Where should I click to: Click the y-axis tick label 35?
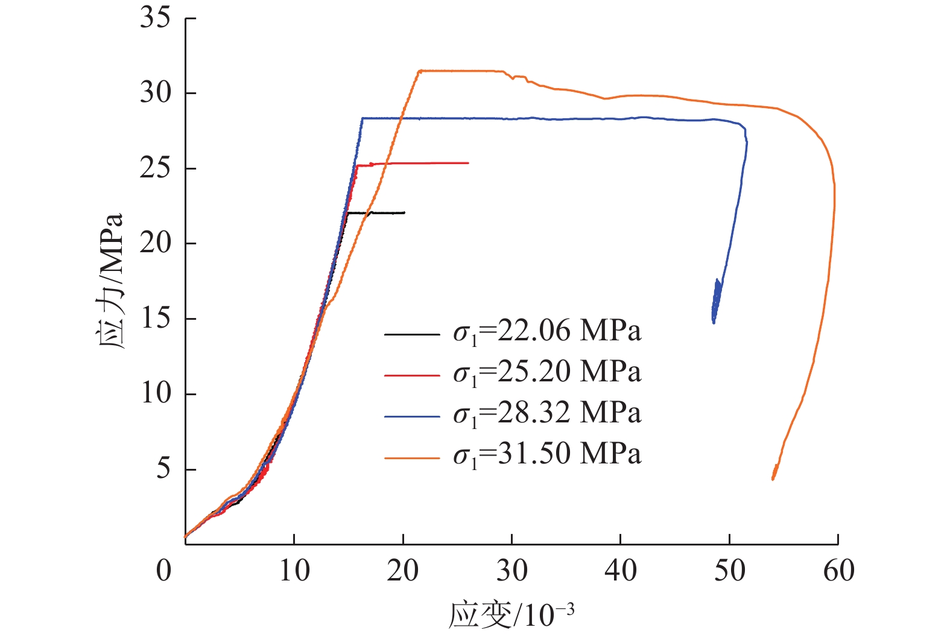156,18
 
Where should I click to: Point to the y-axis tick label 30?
156,94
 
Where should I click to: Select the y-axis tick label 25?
156,168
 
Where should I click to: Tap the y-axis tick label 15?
156,319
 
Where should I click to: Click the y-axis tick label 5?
163,469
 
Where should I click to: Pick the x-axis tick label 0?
164,570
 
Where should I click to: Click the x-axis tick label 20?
403,570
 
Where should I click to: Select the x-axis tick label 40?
621,570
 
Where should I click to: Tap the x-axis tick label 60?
838,570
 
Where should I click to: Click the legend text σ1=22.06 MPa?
547,332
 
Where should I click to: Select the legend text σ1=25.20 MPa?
547,373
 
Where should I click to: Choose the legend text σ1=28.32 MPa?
547,414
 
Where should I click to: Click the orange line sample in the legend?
412,458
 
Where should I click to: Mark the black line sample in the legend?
412,334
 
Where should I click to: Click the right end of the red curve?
468,163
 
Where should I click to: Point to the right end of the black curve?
405,212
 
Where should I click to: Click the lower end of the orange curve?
773,479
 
